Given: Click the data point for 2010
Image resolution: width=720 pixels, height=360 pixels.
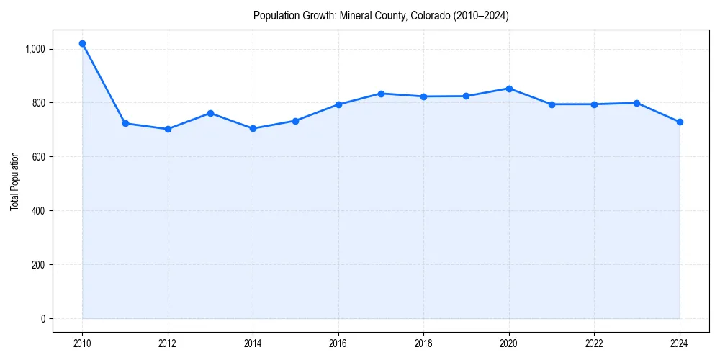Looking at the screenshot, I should (x=83, y=44).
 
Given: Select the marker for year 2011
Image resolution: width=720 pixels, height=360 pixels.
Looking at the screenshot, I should (x=125, y=124).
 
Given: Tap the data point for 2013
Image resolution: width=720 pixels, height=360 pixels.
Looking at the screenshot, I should (x=210, y=113).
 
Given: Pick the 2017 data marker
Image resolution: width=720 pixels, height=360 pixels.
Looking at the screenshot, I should (x=381, y=94).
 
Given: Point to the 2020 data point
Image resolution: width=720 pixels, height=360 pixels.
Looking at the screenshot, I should (x=509, y=89).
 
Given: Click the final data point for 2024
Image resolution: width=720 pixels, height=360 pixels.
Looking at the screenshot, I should (x=680, y=122).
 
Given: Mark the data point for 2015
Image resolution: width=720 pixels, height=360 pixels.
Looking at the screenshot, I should (x=296, y=121).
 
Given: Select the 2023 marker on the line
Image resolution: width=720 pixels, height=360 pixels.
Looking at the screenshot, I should (x=637, y=103).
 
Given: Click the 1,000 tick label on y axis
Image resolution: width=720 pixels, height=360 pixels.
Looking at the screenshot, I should (x=35, y=49).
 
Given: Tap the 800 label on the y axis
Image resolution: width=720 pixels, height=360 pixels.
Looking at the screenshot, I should (x=38, y=103).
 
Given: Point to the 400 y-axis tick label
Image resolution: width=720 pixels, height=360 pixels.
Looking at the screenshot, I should (x=38, y=211).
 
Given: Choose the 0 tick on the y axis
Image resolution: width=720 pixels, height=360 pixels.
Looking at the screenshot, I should (x=42, y=319).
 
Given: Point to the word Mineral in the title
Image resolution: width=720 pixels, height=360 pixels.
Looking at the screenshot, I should (x=355, y=16).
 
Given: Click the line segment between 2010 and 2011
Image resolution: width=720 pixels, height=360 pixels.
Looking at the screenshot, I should (x=104, y=84).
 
